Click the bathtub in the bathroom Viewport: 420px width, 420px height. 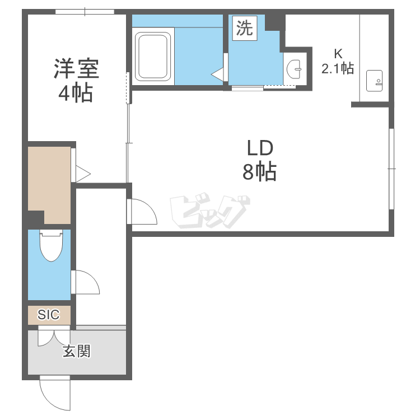(x=153, y=56)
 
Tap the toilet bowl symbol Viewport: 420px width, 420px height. (x=51, y=246)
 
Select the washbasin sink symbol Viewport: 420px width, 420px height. (x=294, y=69)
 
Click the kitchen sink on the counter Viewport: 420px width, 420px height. (x=374, y=81)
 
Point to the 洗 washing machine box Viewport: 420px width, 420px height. (x=245, y=28)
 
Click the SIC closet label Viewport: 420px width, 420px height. (x=49, y=315)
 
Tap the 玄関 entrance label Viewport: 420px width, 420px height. (x=77, y=351)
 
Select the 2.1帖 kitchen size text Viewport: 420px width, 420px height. (x=338, y=68)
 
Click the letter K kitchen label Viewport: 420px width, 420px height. (x=338, y=54)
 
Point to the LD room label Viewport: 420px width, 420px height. (x=260, y=148)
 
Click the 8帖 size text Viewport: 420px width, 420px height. (x=259, y=171)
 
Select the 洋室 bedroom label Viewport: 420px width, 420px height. (x=77, y=68)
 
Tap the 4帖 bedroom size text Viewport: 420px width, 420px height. (x=76, y=94)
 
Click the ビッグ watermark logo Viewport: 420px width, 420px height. (x=210, y=210)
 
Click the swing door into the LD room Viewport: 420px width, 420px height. (x=142, y=211)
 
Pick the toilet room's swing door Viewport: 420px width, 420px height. (x=85, y=282)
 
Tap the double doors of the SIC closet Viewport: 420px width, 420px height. (x=54, y=336)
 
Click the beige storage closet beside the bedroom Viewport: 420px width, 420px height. (x=49, y=185)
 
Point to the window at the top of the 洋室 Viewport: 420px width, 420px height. (x=85, y=12)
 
